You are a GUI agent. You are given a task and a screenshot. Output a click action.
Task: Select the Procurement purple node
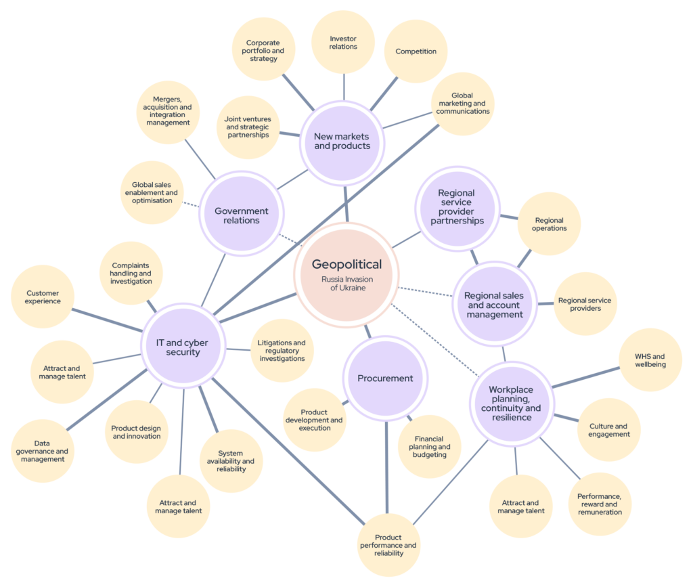(x=385, y=378)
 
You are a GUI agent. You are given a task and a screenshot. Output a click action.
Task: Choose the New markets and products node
(x=342, y=142)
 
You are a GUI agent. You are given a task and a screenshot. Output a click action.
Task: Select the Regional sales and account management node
(x=493, y=305)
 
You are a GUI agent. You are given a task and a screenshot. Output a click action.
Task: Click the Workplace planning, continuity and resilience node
(x=511, y=403)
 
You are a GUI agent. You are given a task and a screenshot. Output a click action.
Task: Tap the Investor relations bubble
(x=344, y=43)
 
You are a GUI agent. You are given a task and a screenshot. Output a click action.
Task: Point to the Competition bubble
(x=416, y=51)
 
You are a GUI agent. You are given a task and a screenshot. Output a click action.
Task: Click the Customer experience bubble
(x=43, y=297)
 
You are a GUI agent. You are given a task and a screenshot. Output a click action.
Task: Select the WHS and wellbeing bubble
(x=650, y=360)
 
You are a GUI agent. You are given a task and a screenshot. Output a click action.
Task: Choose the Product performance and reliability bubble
(x=388, y=544)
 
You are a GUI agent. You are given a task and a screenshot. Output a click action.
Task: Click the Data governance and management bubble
(x=42, y=451)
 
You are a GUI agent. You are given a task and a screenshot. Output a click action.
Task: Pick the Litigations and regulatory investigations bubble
(x=282, y=351)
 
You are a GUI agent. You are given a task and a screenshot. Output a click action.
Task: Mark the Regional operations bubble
(x=549, y=224)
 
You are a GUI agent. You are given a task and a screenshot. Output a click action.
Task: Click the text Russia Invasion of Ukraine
(x=346, y=283)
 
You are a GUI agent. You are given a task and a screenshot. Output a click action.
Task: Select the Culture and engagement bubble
(x=608, y=430)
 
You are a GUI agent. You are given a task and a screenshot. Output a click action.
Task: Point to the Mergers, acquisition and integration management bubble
(x=167, y=111)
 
